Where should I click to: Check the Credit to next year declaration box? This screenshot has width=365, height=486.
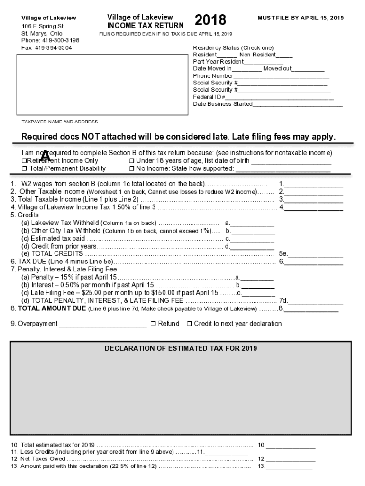189,324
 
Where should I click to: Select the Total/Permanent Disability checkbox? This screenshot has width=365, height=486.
25,168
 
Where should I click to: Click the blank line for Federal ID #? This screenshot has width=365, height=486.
280,98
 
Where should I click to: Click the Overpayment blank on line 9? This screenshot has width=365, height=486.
102,325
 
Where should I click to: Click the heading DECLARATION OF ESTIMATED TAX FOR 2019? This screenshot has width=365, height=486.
181,348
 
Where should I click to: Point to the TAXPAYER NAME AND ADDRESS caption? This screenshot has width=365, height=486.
60,122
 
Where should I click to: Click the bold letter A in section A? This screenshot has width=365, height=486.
46,156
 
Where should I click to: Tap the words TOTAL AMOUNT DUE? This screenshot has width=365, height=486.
52,308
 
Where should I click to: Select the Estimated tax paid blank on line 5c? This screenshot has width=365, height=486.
253,239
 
